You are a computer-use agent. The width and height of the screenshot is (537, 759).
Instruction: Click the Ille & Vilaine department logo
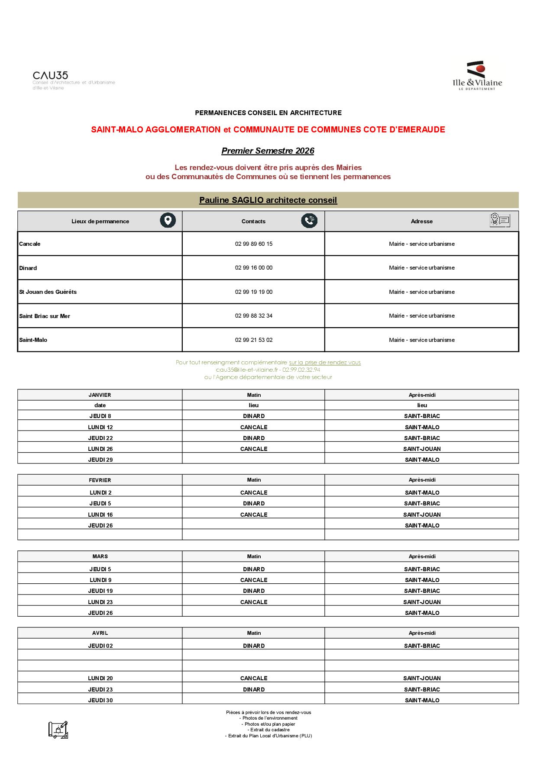(x=477, y=76)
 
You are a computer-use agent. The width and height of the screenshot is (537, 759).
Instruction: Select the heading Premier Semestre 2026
(x=268, y=151)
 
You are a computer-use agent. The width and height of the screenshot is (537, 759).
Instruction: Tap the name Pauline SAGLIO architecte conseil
(x=268, y=200)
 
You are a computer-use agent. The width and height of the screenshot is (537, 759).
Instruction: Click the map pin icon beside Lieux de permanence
(x=168, y=221)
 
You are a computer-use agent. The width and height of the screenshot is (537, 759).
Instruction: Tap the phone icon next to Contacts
(x=309, y=221)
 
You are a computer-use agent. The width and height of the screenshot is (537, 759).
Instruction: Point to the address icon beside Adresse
(x=500, y=220)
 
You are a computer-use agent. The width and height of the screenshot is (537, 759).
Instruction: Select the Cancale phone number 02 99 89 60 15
(x=254, y=244)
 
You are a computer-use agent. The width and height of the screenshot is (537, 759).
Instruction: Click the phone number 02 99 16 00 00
(x=254, y=268)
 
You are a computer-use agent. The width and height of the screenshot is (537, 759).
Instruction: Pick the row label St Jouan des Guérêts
(x=48, y=292)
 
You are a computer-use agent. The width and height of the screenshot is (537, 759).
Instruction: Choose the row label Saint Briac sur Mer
(x=45, y=316)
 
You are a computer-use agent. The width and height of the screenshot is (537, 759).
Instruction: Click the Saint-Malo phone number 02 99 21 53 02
(x=254, y=340)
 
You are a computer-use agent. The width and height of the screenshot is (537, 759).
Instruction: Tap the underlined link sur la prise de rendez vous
(x=325, y=363)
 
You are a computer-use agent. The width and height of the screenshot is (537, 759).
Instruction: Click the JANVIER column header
(x=100, y=395)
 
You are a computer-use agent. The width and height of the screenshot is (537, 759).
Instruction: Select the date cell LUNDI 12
(x=100, y=428)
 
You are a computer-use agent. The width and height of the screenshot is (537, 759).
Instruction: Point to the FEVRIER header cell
(x=100, y=480)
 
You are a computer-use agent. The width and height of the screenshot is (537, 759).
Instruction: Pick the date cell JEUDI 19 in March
(x=100, y=591)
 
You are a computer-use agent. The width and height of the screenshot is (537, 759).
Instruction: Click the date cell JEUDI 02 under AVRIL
(x=100, y=646)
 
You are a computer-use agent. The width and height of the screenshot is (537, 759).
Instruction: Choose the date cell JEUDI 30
(x=100, y=701)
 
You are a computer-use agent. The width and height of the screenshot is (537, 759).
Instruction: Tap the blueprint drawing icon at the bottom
(x=58, y=730)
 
